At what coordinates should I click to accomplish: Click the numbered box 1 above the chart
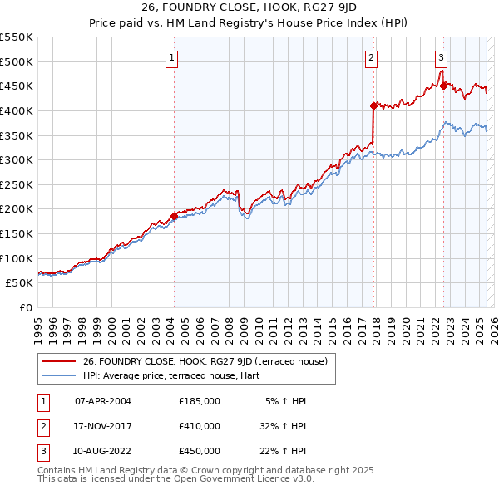coord(170,58)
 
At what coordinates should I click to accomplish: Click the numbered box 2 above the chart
coord(370,58)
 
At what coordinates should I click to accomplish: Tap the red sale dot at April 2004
coord(174,216)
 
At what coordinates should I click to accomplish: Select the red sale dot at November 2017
coord(373,105)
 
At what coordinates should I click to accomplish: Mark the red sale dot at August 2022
coord(443,86)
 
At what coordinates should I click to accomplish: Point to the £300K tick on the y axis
coord(17,159)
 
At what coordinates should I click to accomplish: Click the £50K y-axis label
coord(20,283)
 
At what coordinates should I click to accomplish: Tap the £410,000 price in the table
coord(200,426)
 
